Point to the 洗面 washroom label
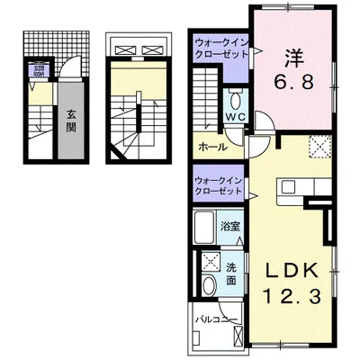click(232, 274)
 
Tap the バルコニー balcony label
click(213, 319)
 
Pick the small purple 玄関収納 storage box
click(39, 70)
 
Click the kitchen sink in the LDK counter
click(292, 187)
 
